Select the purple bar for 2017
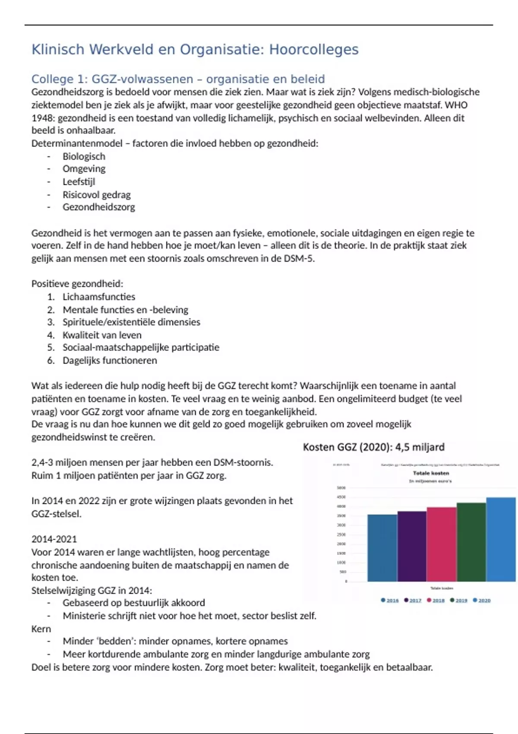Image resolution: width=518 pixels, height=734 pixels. coord(412,546)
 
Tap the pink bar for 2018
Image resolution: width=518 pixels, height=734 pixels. coord(442,544)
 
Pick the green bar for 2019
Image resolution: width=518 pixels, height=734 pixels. coord(471,542)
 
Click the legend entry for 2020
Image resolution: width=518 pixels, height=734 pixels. coord(482,601)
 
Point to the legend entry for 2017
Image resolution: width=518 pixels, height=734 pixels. coord(413,601)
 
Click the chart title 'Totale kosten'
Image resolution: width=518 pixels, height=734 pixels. coord(431,473)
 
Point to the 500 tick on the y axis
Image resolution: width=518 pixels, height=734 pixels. coord(343,572)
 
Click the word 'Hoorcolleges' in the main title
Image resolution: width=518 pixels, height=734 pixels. coord(314,50)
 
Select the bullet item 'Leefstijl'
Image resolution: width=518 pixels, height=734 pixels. coord(79,182)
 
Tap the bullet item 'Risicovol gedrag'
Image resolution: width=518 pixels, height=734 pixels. coord(96,195)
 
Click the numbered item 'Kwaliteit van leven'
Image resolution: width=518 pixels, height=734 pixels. coord(102,335)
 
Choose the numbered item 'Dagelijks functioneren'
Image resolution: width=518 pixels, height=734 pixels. coord(110,361)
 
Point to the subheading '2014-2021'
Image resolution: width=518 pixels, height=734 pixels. coord(54,539)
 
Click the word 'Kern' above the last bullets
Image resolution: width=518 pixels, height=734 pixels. coord(41,629)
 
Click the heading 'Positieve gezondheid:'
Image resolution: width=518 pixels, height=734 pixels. coord(77,284)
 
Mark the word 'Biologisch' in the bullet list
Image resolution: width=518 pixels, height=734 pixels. coord(84,156)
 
